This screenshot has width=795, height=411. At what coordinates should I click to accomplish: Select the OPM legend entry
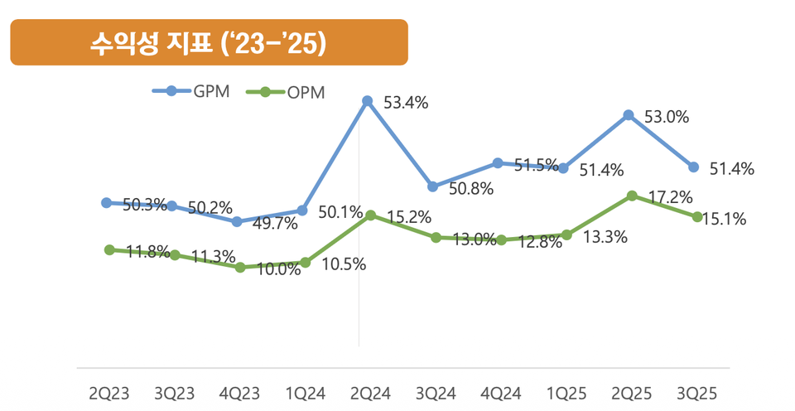coord(287,92)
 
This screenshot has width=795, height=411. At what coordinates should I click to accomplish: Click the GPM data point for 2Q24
coord(367,101)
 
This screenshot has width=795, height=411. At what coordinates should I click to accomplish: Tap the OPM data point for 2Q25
coord(632,196)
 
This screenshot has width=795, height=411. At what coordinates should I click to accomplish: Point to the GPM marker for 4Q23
coord(237,222)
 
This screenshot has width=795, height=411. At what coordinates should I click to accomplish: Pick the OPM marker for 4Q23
coord(240,268)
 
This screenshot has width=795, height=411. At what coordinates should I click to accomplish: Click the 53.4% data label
coord(406,104)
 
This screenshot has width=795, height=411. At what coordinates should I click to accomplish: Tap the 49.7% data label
coord(276,224)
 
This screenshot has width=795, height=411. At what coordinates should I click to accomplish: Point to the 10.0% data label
coord(278,269)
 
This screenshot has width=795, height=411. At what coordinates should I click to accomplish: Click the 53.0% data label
coord(667,118)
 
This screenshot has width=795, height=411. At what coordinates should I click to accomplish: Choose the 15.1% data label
coord(725,220)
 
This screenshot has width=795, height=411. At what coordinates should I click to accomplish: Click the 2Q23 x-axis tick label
coord(109,393)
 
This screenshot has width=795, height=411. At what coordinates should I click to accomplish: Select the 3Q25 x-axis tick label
coord(696,393)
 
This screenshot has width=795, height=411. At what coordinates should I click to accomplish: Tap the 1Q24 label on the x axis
coord(306,393)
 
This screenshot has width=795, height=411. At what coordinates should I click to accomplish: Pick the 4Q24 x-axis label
coord(501,393)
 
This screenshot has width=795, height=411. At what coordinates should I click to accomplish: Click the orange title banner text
coord(209,44)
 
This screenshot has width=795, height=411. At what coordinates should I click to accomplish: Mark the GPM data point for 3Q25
coord(693,167)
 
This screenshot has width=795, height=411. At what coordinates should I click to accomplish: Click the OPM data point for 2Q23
coord(109,249)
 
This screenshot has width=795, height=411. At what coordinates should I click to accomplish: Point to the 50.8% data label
coord(471,189)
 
